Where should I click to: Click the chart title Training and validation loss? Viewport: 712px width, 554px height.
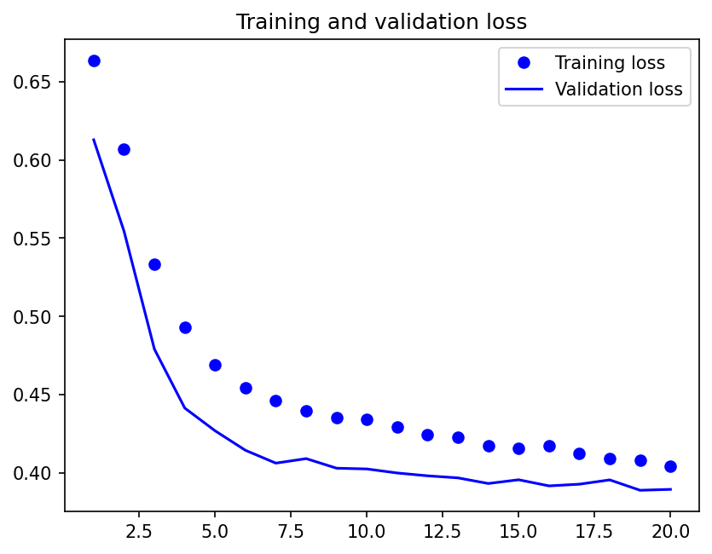pyautogui.click(x=381, y=21)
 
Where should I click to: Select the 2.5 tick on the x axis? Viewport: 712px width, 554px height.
pyautogui.click(x=139, y=530)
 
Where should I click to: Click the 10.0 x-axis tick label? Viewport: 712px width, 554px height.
pyautogui.click(x=367, y=530)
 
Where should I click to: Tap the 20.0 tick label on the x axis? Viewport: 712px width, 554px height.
pyautogui.click(x=670, y=530)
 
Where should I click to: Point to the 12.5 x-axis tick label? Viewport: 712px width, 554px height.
pyautogui.click(x=443, y=530)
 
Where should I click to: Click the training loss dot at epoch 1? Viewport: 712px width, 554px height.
pyautogui.click(x=94, y=61)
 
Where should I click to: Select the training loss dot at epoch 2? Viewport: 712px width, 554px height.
pyautogui.click(x=124, y=149)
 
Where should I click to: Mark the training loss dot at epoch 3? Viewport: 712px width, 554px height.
pyautogui.click(x=154, y=264)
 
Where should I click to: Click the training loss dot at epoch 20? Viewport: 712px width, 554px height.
pyautogui.click(x=670, y=466)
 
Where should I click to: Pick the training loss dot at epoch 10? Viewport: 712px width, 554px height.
pyautogui.click(x=367, y=419)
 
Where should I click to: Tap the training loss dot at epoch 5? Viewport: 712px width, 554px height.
pyautogui.click(x=215, y=365)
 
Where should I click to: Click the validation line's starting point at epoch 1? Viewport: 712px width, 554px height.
pyautogui.click(x=94, y=139)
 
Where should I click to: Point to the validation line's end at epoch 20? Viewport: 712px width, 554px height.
pyautogui.click(x=670, y=489)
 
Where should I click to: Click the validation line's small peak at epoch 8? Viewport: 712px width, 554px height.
pyautogui.click(x=306, y=459)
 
